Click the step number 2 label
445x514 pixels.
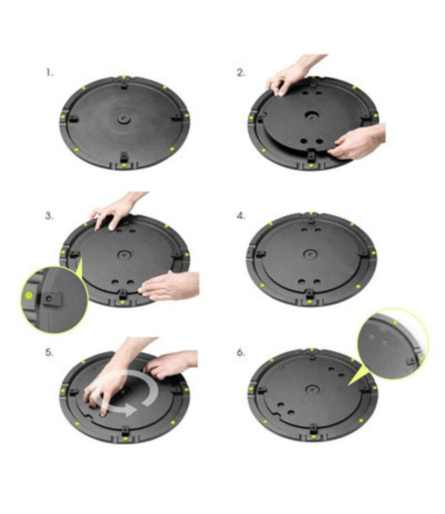tap(241, 72)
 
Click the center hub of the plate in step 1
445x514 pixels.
tap(123, 119)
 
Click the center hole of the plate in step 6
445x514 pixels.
tap(312, 390)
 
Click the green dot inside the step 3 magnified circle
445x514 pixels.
tap(28, 295)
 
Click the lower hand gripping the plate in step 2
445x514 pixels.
tap(357, 143)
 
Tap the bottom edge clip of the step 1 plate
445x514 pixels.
tap(123, 160)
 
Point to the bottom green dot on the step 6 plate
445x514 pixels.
tap(311, 437)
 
